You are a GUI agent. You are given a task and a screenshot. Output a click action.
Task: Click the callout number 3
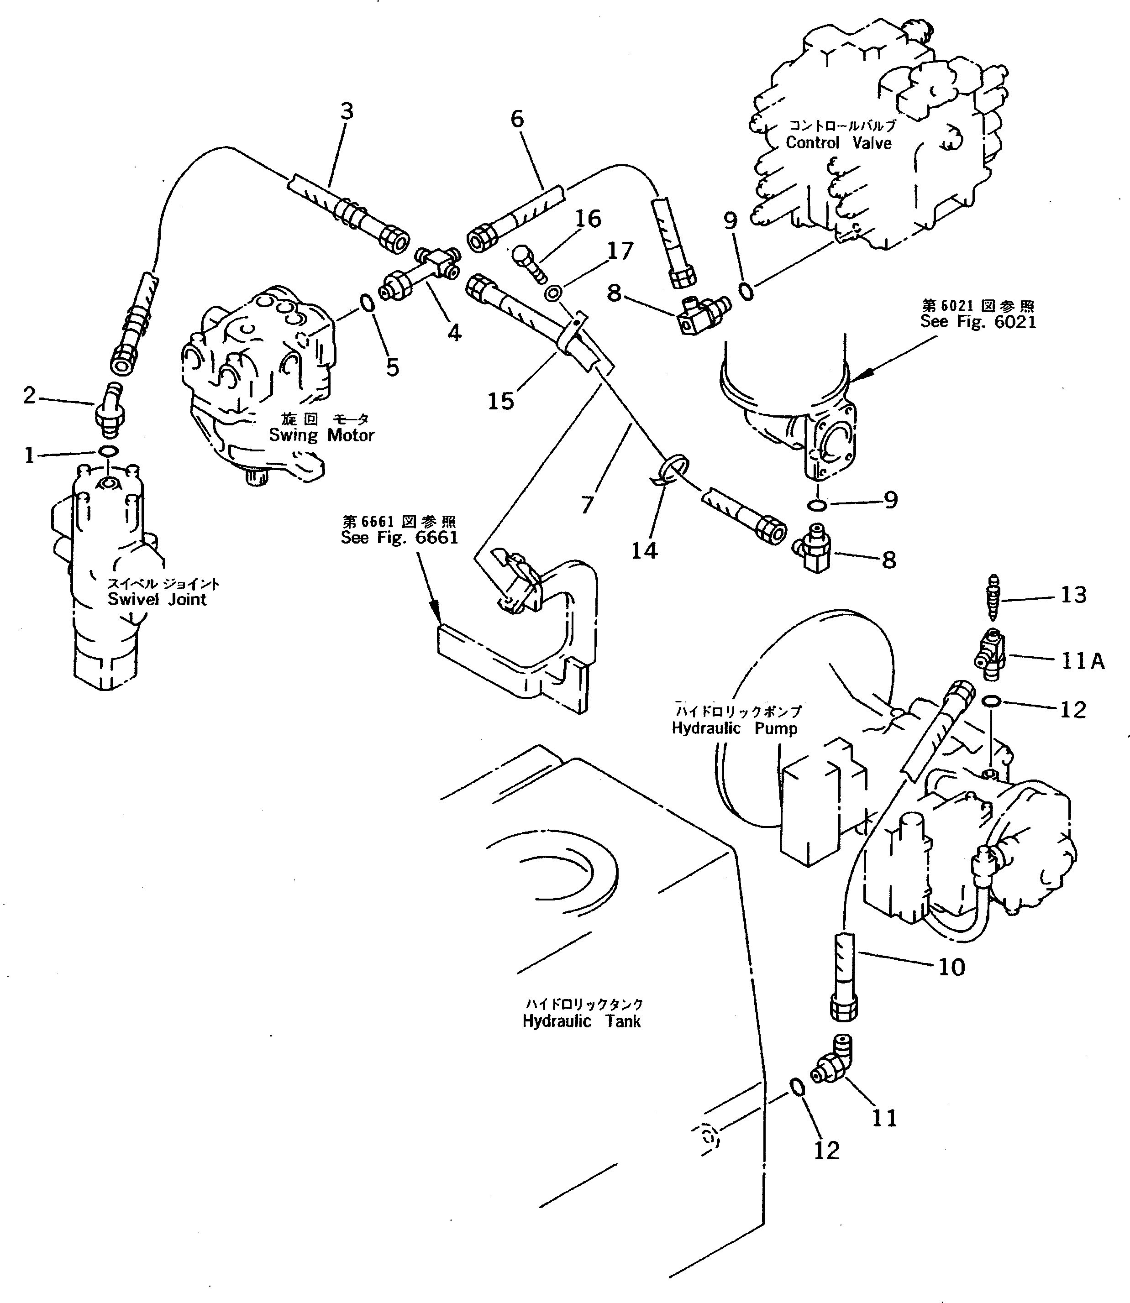tap(346, 111)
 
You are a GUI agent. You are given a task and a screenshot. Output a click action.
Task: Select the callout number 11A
tap(1082, 661)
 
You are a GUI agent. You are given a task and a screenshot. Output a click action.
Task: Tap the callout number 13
tap(1073, 595)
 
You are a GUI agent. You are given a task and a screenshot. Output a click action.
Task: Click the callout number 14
tap(645, 550)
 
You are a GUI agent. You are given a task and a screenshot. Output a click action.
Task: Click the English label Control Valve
tap(838, 143)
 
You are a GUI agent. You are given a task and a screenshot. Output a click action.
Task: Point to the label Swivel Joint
tap(157, 599)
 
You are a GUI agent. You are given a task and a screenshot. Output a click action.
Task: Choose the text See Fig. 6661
tap(399, 537)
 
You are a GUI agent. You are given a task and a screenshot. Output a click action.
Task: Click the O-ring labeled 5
tap(368, 304)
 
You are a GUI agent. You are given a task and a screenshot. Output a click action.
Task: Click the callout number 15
tap(501, 401)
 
